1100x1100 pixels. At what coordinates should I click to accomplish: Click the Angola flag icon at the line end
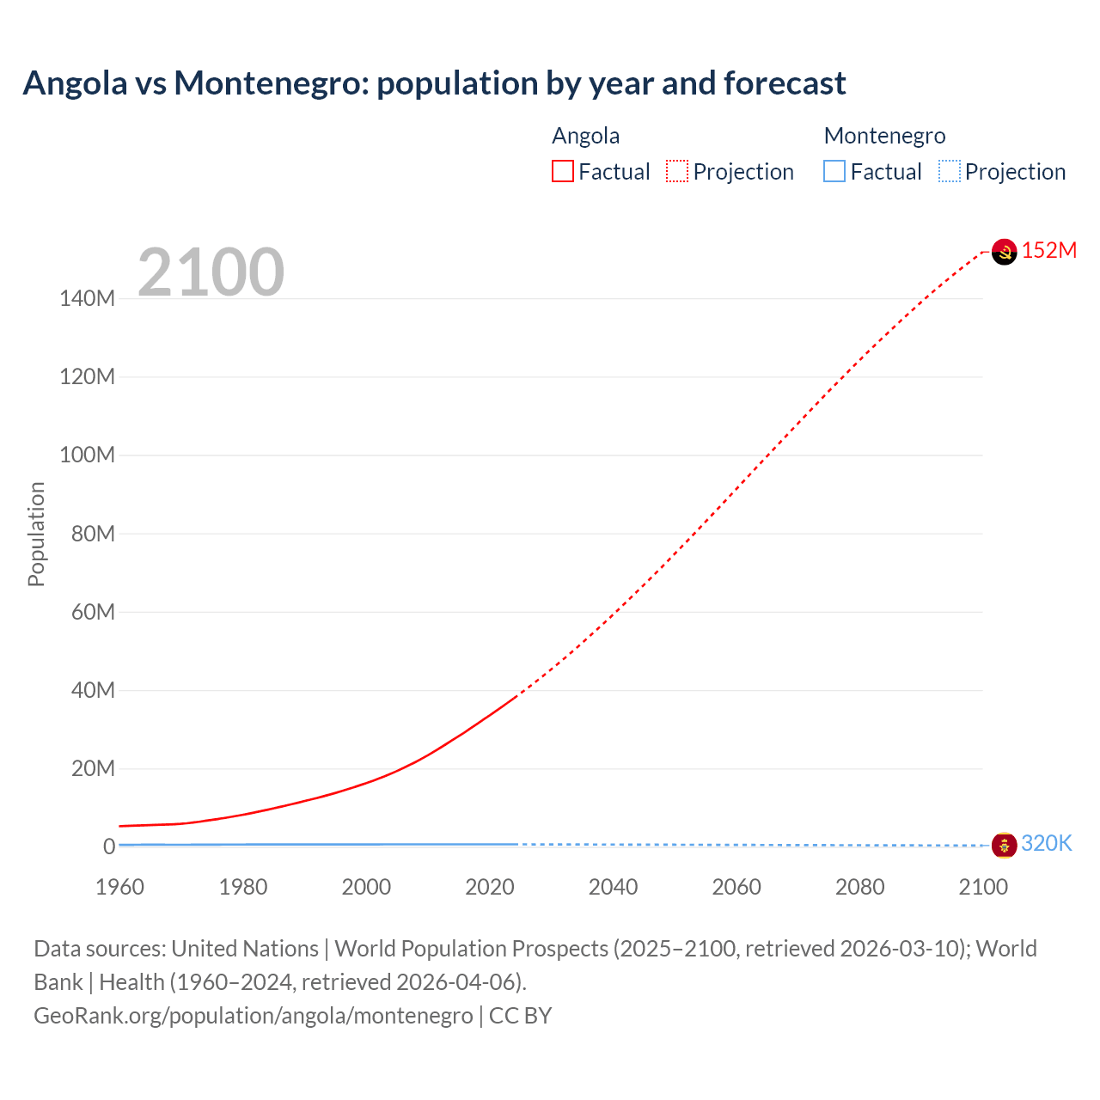tap(1004, 252)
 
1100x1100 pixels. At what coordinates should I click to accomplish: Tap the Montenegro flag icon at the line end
tap(1004, 845)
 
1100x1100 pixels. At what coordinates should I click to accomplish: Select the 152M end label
tap(1048, 250)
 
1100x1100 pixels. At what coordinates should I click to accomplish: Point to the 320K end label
tap(1046, 843)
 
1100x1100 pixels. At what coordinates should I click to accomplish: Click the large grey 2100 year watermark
tap(211, 272)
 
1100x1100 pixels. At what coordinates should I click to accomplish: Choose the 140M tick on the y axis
tap(87, 299)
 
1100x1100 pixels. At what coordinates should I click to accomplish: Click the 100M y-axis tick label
tap(87, 455)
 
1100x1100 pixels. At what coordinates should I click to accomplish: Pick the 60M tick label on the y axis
tap(92, 612)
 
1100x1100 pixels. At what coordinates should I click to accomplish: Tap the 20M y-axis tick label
tap(92, 768)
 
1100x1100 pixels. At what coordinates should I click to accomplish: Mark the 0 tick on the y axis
tap(108, 846)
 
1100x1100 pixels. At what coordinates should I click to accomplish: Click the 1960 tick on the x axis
tap(119, 887)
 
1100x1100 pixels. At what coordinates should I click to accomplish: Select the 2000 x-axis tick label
tap(366, 887)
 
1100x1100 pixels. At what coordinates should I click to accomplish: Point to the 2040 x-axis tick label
tap(613, 887)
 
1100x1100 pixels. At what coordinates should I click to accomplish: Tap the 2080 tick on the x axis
tap(859, 887)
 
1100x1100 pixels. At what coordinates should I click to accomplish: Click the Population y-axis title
tap(36, 534)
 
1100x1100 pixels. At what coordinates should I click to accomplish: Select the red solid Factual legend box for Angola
tap(563, 172)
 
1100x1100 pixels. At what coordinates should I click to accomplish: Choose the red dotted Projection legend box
tap(677, 172)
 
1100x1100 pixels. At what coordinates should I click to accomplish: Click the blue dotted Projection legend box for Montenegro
tap(950, 172)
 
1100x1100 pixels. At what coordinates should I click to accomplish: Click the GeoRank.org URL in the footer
tap(254, 1016)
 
